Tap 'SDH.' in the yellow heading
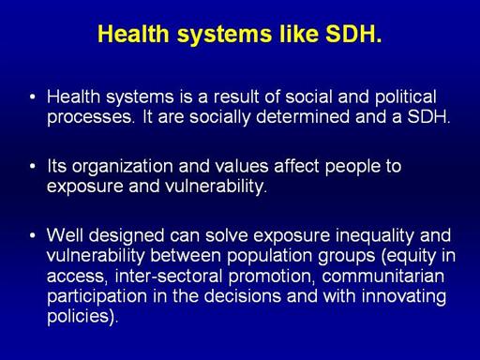coord(353,34)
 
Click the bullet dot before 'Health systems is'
coord(33,97)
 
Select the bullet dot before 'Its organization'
coord(33,166)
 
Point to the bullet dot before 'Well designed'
coord(33,235)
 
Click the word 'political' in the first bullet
coord(406,97)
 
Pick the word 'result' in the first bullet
coord(236,97)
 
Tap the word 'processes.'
coord(90,118)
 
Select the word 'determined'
coord(303,117)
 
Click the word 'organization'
coord(123,167)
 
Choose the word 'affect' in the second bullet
coord(296,166)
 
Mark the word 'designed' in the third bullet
coord(127,236)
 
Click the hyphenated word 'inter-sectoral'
coord(169,277)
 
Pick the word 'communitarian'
coord(382,277)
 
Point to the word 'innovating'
coord(404,297)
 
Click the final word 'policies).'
coord(82,317)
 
